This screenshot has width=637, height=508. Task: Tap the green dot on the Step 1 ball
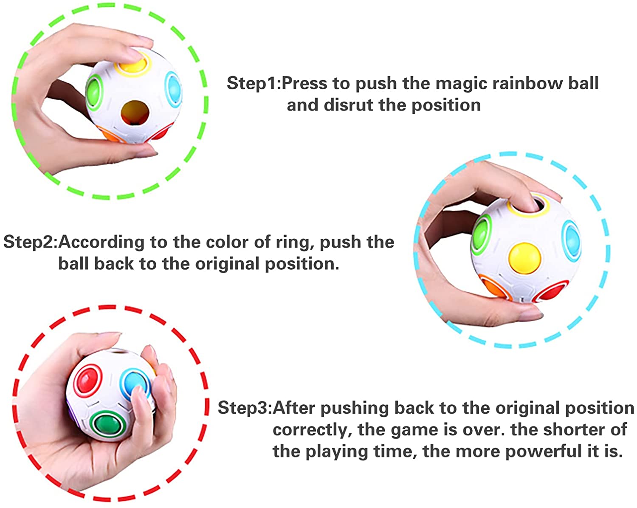pos(94,92)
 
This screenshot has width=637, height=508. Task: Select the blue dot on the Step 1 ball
pos(173,89)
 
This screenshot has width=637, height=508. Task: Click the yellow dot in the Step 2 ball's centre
pos(524,258)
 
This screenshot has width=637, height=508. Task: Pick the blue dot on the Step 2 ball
pos(572,239)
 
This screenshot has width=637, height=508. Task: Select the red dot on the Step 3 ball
pos(87,380)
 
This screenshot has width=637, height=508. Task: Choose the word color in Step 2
pos(227,242)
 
